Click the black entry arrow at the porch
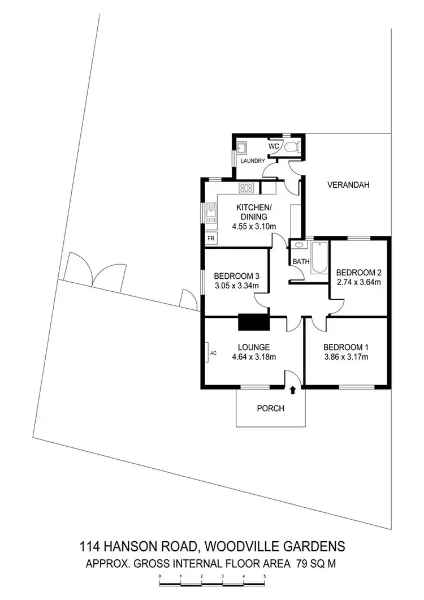293,390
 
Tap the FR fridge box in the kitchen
211,239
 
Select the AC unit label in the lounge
213,353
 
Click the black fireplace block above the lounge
254,322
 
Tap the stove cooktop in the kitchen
246,187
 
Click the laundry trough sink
241,148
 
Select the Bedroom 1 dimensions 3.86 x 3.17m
346,357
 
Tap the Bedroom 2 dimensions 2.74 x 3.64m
359,282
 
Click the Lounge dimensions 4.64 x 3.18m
253,357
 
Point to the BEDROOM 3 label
236,276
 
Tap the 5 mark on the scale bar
264,577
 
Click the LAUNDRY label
253,161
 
